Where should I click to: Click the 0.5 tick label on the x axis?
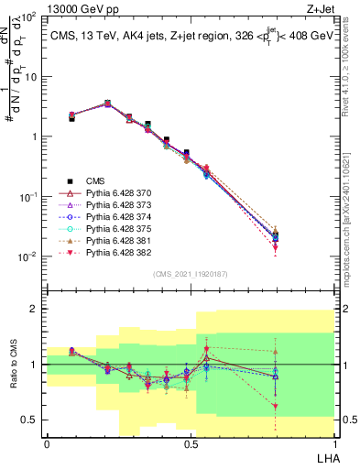coord(190,443)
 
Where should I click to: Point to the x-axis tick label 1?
coord(333,443)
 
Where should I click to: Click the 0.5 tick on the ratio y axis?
coord(29,420)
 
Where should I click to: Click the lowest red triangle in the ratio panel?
coord(301,407)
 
